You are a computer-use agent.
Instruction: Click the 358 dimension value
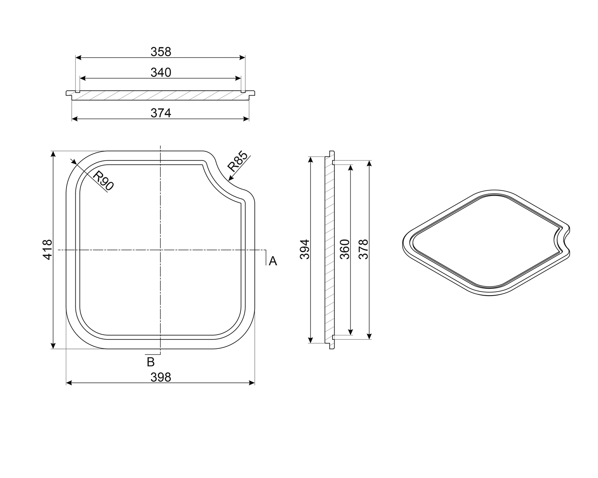(x=161, y=52)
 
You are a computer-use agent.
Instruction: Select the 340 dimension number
(x=161, y=72)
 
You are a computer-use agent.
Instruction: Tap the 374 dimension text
(x=161, y=113)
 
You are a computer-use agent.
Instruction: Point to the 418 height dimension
(x=47, y=249)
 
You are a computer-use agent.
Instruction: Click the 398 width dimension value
(x=161, y=378)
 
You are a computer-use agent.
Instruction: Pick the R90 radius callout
(x=103, y=181)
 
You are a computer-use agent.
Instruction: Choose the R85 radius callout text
(x=237, y=161)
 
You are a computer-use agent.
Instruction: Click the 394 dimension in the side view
(x=305, y=249)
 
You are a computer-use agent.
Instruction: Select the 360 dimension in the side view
(x=344, y=249)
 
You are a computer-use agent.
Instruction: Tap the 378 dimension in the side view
(x=363, y=249)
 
